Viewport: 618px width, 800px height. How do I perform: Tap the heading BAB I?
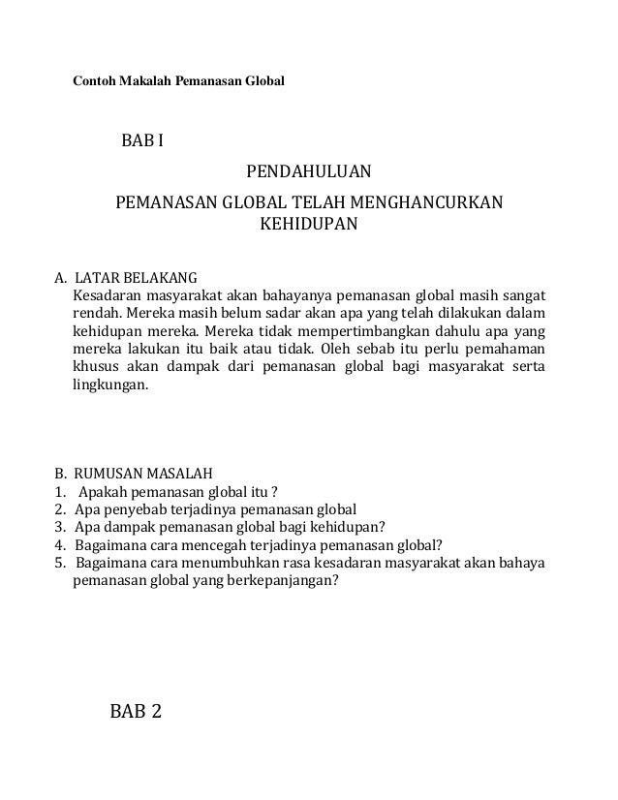tap(141, 143)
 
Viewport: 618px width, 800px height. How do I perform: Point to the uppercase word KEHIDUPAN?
tap(307, 227)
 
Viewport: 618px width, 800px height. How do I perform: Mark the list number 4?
tap(59, 545)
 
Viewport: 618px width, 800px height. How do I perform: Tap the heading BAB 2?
tap(136, 714)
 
